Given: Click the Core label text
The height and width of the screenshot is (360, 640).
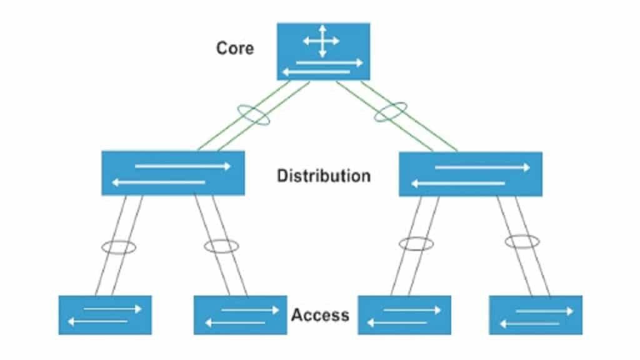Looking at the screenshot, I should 235,47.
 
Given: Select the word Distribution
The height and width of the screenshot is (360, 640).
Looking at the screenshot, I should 324,176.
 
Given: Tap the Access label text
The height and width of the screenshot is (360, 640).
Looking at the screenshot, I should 320,314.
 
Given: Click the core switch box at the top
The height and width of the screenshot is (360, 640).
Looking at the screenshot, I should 323,51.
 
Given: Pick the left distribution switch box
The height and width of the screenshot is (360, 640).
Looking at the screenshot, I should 173,173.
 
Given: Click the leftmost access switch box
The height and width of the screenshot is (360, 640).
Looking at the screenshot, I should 105,315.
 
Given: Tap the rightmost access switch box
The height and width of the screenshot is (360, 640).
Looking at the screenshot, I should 536,315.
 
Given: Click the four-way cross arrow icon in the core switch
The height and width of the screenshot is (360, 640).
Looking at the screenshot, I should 321,41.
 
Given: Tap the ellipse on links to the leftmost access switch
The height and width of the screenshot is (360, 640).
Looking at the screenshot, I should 119,247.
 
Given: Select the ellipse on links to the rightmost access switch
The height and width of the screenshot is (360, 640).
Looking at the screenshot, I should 522,241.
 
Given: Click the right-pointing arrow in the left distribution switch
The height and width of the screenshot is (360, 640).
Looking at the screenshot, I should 182,166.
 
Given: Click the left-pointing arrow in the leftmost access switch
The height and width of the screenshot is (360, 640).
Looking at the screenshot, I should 97,322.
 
